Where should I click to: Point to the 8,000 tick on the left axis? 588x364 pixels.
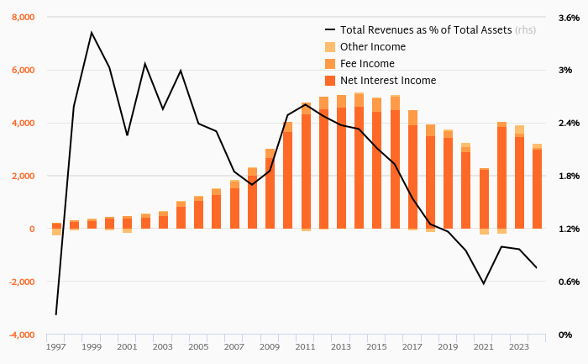[23, 18]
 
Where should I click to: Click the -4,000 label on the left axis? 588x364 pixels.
[21, 335]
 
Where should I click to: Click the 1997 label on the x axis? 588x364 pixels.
[56, 346]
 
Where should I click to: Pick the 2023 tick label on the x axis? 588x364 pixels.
[519, 346]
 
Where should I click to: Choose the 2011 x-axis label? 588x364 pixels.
[306, 346]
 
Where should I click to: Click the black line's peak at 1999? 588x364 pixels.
[92, 33]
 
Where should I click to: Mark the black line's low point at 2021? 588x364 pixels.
[484, 283]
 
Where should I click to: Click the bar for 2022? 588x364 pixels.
[501, 177]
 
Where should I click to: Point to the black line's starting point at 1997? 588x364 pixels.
[56, 314]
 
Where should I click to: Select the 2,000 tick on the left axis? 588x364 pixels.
[23, 176]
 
